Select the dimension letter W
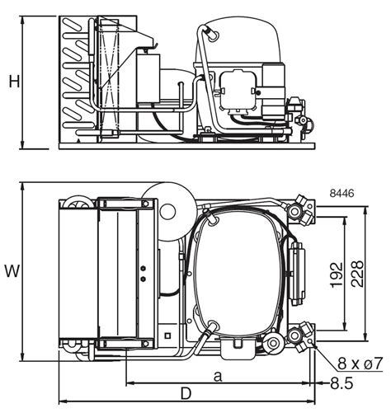pos(12,270)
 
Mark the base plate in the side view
pos(186,146)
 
